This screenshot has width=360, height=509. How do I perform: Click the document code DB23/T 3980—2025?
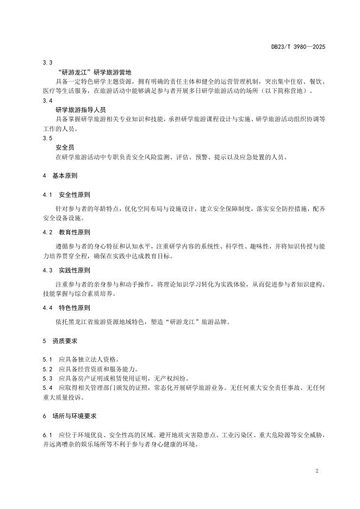298,47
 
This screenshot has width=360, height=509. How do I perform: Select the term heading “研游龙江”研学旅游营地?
94,72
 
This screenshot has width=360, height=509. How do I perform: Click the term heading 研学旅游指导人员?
80,109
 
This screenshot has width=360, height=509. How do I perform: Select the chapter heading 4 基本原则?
60,176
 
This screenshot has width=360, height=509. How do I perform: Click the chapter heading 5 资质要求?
60,340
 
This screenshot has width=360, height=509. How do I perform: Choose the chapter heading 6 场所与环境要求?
70,415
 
